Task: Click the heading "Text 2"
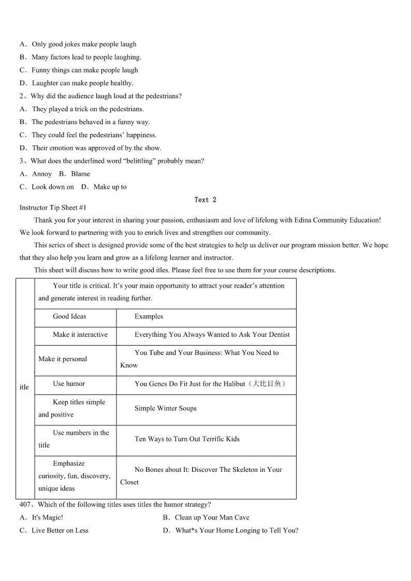click(x=205, y=200)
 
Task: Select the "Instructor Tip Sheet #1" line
click(x=53, y=207)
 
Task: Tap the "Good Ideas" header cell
click(x=69, y=317)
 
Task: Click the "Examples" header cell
click(x=149, y=317)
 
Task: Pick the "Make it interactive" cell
click(x=80, y=335)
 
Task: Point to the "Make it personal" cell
click(x=63, y=359)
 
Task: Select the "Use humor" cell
click(x=69, y=384)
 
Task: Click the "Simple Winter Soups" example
click(x=166, y=409)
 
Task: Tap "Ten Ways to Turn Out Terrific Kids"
click(x=187, y=439)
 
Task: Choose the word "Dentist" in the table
click(x=278, y=335)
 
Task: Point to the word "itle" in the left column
click(x=24, y=387)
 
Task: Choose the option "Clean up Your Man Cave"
click(x=212, y=517)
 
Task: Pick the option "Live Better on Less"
click(x=60, y=530)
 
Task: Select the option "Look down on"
click(x=53, y=187)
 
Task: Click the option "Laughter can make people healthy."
click(x=82, y=83)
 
